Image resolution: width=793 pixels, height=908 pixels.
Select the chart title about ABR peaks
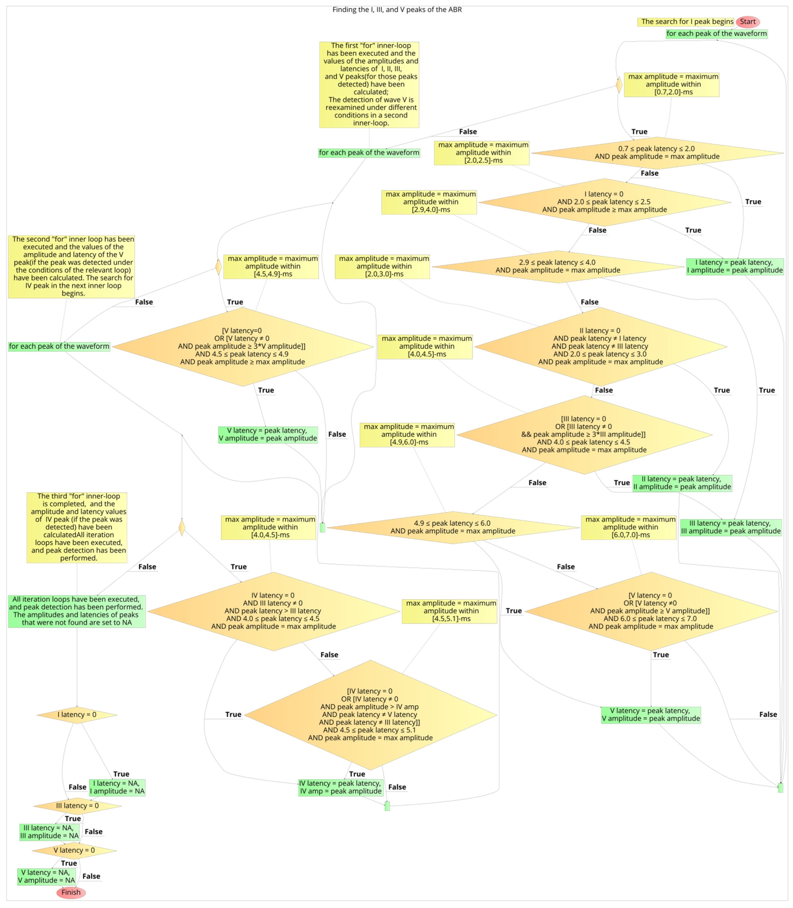(x=397, y=9)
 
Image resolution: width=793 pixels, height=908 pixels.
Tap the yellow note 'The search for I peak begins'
(x=685, y=22)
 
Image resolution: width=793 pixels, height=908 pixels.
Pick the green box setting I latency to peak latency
(x=735, y=266)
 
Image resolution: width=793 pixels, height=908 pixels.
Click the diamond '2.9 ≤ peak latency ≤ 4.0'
(x=558, y=266)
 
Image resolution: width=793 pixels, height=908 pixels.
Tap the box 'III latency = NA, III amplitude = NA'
(x=49, y=832)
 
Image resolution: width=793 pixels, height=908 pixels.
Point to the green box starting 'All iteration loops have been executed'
(x=76, y=611)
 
